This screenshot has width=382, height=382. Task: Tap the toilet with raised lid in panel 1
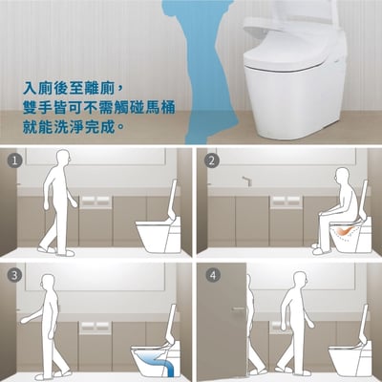coord(159,224)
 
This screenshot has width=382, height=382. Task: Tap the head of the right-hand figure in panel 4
coord(300,280)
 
